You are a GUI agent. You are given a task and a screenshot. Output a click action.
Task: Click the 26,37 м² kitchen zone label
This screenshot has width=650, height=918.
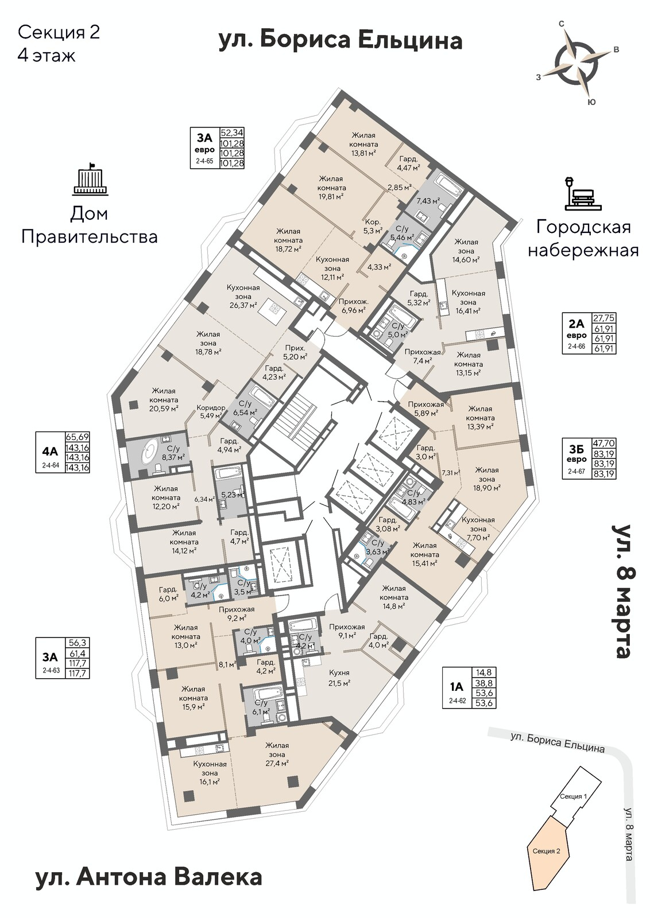pyautogui.click(x=243, y=296)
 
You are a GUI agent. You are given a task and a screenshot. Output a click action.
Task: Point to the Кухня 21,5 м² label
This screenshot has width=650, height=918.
pyautogui.click(x=339, y=678)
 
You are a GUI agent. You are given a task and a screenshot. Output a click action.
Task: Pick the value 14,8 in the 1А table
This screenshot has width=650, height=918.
pyautogui.click(x=483, y=672)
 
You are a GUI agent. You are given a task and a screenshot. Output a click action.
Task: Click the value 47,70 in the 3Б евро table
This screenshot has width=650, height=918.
pyautogui.click(x=604, y=443)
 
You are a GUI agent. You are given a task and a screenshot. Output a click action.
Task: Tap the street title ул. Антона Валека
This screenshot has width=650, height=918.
pyautogui.click(x=148, y=877)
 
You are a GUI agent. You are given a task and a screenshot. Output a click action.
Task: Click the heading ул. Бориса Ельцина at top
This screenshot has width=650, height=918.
pyautogui.click(x=341, y=41)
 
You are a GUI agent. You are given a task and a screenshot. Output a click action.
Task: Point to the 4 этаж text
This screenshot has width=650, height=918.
pyautogui.click(x=47, y=56)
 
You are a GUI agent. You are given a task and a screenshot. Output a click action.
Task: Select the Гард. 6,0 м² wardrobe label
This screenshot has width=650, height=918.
pyautogui.click(x=168, y=593)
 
